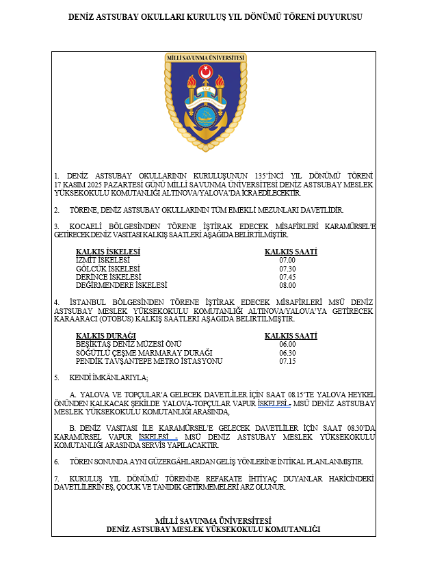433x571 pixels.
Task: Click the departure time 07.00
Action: (287, 261)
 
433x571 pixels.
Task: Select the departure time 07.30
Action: (287, 269)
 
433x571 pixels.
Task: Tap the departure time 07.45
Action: (287, 277)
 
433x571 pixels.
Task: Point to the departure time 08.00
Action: (287, 285)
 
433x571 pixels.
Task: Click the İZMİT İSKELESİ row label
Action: (103, 261)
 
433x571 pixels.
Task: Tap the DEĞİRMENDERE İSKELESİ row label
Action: (121, 285)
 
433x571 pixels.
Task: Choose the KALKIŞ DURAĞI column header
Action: (106, 335)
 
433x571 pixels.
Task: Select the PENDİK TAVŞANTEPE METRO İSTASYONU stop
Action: (149, 361)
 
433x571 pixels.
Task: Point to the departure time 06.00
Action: (287, 344)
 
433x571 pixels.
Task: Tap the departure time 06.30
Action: (287, 353)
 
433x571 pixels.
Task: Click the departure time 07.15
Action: (287, 361)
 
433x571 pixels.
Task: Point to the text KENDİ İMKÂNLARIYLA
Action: (109, 377)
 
